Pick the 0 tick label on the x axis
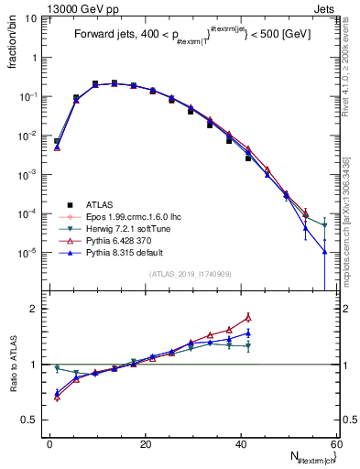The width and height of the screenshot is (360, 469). [50, 443]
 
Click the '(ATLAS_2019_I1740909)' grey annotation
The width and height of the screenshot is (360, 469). [190, 274]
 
